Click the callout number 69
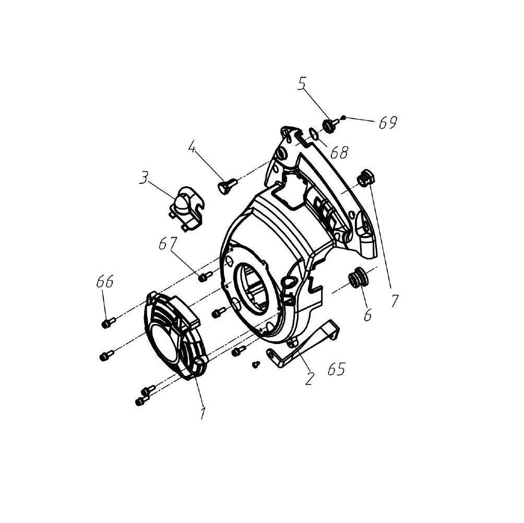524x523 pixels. [x=388, y=123]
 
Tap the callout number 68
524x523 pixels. [x=339, y=152]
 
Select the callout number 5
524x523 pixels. [x=302, y=84]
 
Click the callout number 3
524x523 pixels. [x=144, y=178]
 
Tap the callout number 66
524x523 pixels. [x=105, y=281]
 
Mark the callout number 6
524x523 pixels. [x=367, y=315]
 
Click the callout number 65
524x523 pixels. [x=336, y=369]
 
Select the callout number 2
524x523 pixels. [x=309, y=378]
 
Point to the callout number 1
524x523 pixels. [x=203, y=413]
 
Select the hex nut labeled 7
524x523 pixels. [x=366, y=177]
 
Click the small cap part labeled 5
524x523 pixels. [x=329, y=126]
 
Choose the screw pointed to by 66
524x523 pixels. [x=108, y=323]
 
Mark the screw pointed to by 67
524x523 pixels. [x=205, y=276]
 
